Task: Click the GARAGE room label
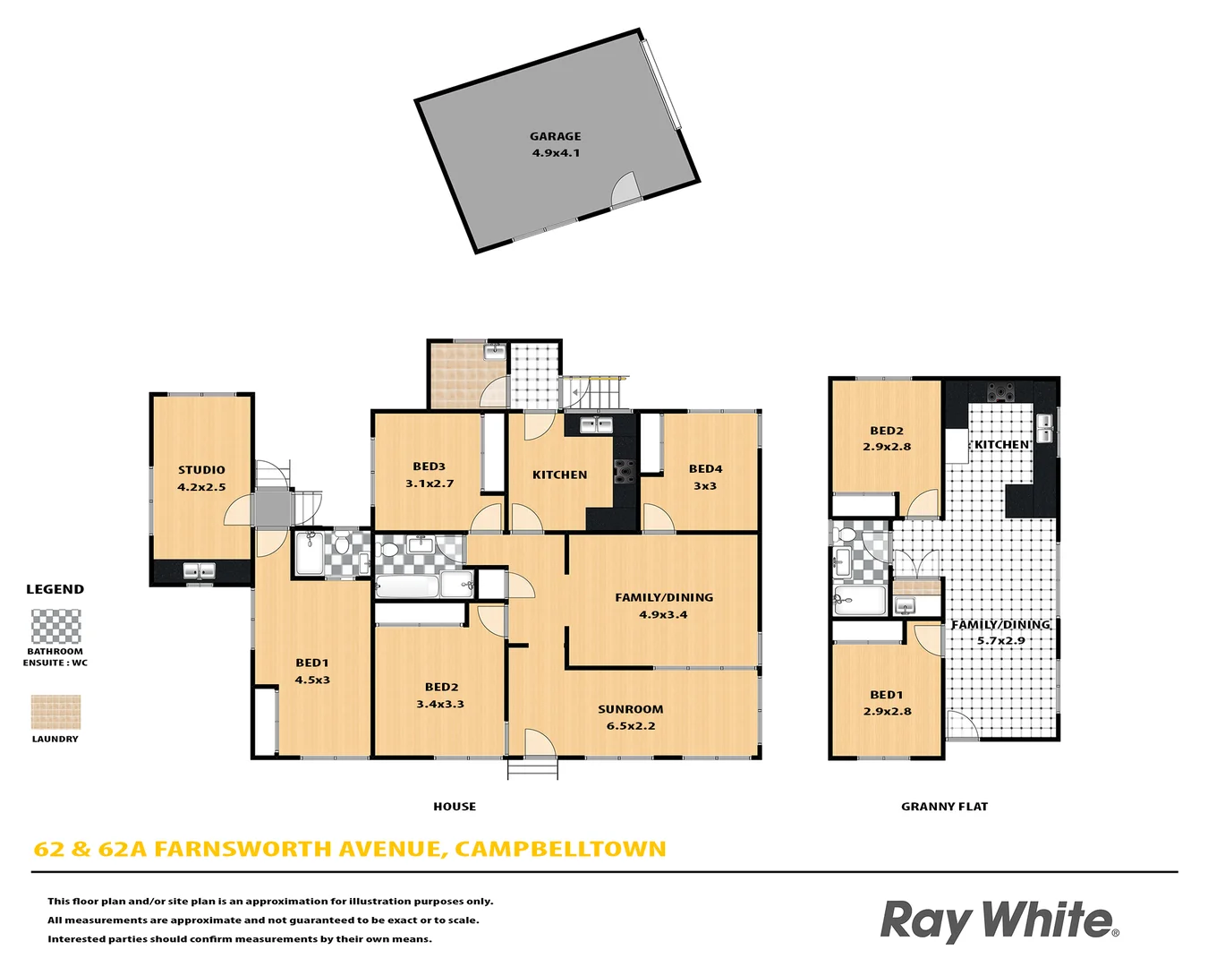(x=555, y=136)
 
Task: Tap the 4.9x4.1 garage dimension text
(x=556, y=153)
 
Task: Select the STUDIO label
(x=201, y=470)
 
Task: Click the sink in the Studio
(x=200, y=570)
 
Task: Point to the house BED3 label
(x=429, y=466)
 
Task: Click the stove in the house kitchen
(x=624, y=471)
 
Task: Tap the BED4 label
(x=705, y=468)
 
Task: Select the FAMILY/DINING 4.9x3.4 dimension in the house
(x=663, y=614)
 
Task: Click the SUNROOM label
(x=631, y=709)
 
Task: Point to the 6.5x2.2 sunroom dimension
(x=631, y=726)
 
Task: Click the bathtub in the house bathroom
(x=407, y=587)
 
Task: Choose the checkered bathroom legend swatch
(x=55, y=627)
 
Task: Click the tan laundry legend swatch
(x=55, y=713)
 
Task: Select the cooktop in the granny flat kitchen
(x=1000, y=391)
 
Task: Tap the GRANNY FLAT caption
(x=944, y=807)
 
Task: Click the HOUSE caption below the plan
(x=455, y=807)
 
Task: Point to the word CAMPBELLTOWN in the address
(x=560, y=849)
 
